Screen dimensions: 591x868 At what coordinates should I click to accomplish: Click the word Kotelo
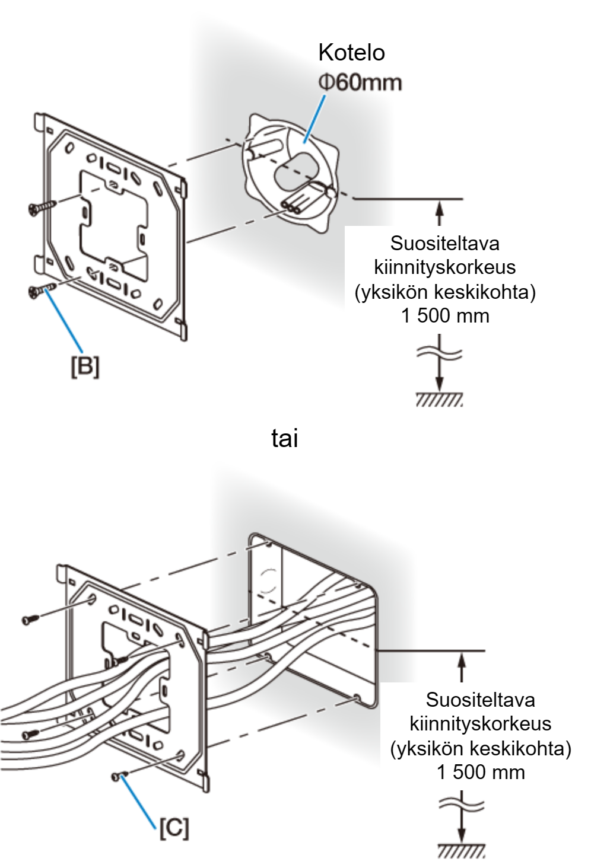tap(351, 53)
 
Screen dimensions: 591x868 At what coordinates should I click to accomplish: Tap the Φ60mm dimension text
tap(360, 83)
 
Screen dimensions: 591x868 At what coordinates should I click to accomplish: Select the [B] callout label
tap(85, 366)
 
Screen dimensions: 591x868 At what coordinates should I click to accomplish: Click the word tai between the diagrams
tap(285, 439)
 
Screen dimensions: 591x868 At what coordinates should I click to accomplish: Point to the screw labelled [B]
tap(43, 289)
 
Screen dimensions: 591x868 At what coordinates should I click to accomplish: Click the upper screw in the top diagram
tap(43, 206)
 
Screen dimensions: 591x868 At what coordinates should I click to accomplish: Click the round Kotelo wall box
tap(291, 173)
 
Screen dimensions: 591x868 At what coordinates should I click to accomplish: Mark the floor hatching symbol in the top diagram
tap(439, 400)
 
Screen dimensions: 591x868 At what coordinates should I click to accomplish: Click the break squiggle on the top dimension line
tap(439, 353)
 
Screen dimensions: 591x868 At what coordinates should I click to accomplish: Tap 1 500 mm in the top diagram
tap(445, 316)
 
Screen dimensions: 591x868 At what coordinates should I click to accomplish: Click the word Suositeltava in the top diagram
tap(445, 243)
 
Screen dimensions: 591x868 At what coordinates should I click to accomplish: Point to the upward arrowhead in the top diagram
tap(439, 206)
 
